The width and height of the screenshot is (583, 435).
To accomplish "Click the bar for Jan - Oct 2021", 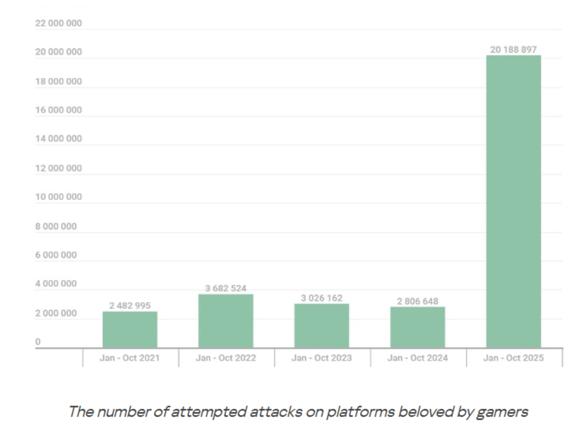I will click(130, 330).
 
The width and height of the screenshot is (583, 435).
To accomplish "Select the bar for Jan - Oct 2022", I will click(226, 321).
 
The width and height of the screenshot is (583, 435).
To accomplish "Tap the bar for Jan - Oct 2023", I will click(322, 326).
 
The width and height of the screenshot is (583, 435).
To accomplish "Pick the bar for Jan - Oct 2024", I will click(418, 327).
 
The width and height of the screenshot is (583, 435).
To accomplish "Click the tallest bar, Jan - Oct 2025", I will click(514, 201).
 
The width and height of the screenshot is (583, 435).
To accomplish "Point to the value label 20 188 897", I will click(514, 50).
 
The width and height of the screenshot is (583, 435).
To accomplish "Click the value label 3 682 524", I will click(226, 288).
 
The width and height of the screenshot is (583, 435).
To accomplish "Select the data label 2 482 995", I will click(130, 306).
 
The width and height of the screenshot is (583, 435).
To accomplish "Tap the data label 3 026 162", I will click(322, 298).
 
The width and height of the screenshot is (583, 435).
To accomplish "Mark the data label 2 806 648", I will click(418, 301).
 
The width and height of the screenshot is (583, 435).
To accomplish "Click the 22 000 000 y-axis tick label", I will click(59, 23).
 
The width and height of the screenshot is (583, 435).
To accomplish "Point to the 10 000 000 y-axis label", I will click(59, 197).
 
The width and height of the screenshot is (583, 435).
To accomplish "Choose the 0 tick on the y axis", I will click(38, 342).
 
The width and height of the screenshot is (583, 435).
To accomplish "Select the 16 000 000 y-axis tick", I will click(59, 110).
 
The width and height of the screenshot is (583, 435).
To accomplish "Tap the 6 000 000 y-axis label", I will click(56, 255).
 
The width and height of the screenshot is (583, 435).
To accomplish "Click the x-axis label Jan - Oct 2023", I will click(322, 358).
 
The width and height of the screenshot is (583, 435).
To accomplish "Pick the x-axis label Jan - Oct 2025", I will click(514, 358).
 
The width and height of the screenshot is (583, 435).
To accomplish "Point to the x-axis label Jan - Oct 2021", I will click(130, 358).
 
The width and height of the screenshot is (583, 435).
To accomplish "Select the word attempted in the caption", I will click(209, 412).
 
